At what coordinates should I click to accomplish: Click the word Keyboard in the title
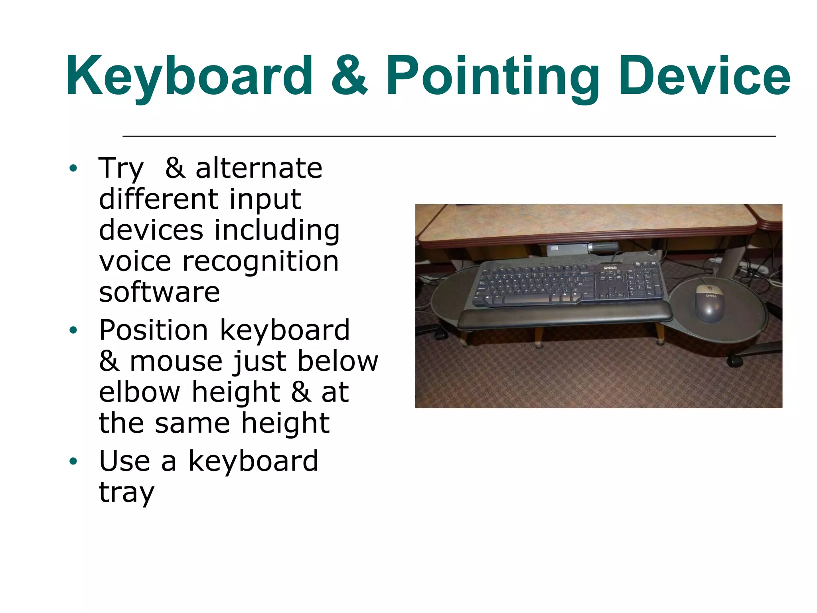click(x=189, y=77)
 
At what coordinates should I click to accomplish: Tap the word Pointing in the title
click(x=493, y=77)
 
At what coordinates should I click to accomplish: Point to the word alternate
click(x=259, y=168)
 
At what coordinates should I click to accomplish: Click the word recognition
click(x=260, y=261)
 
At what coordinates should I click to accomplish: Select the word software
click(x=159, y=292)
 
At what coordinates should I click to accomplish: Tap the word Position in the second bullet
click(x=153, y=330)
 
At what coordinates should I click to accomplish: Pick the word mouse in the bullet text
click(x=176, y=361)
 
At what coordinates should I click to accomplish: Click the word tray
click(x=126, y=492)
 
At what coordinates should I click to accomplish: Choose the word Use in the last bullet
click(x=124, y=461)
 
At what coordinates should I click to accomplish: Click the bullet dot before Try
click(x=73, y=168)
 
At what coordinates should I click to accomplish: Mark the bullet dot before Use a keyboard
click(x=73, y=462)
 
